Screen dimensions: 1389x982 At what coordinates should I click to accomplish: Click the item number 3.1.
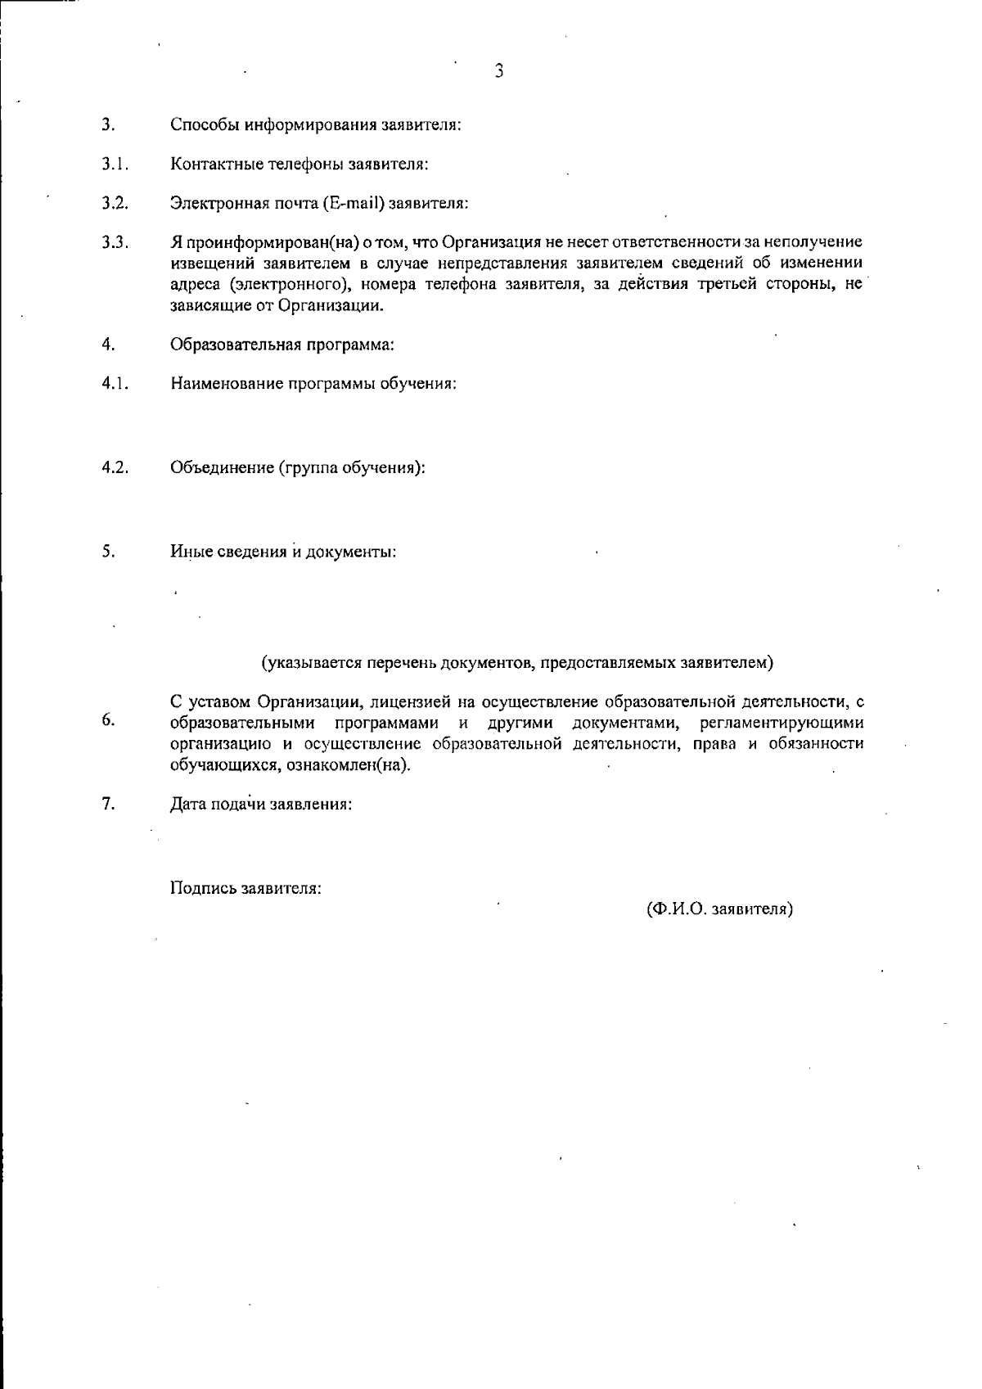112,164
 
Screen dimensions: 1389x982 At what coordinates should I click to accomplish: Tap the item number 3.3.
114,243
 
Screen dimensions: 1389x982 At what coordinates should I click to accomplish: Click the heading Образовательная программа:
282,345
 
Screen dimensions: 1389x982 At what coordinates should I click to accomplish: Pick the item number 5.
107,551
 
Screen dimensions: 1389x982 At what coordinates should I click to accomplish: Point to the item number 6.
107,720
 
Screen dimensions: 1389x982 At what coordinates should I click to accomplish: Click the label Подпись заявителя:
245,888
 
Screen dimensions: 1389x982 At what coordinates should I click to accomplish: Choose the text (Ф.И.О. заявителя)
719,909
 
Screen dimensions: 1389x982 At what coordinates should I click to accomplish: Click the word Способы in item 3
200,125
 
